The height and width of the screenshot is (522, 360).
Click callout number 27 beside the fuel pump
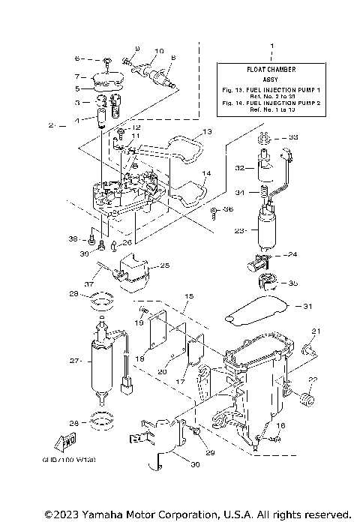(x=74, y=361)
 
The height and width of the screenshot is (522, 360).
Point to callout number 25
(x=165, y=265)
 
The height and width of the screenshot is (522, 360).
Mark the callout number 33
(x=293, y=137)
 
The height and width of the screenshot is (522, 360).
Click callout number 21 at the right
(x=316, y=331)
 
